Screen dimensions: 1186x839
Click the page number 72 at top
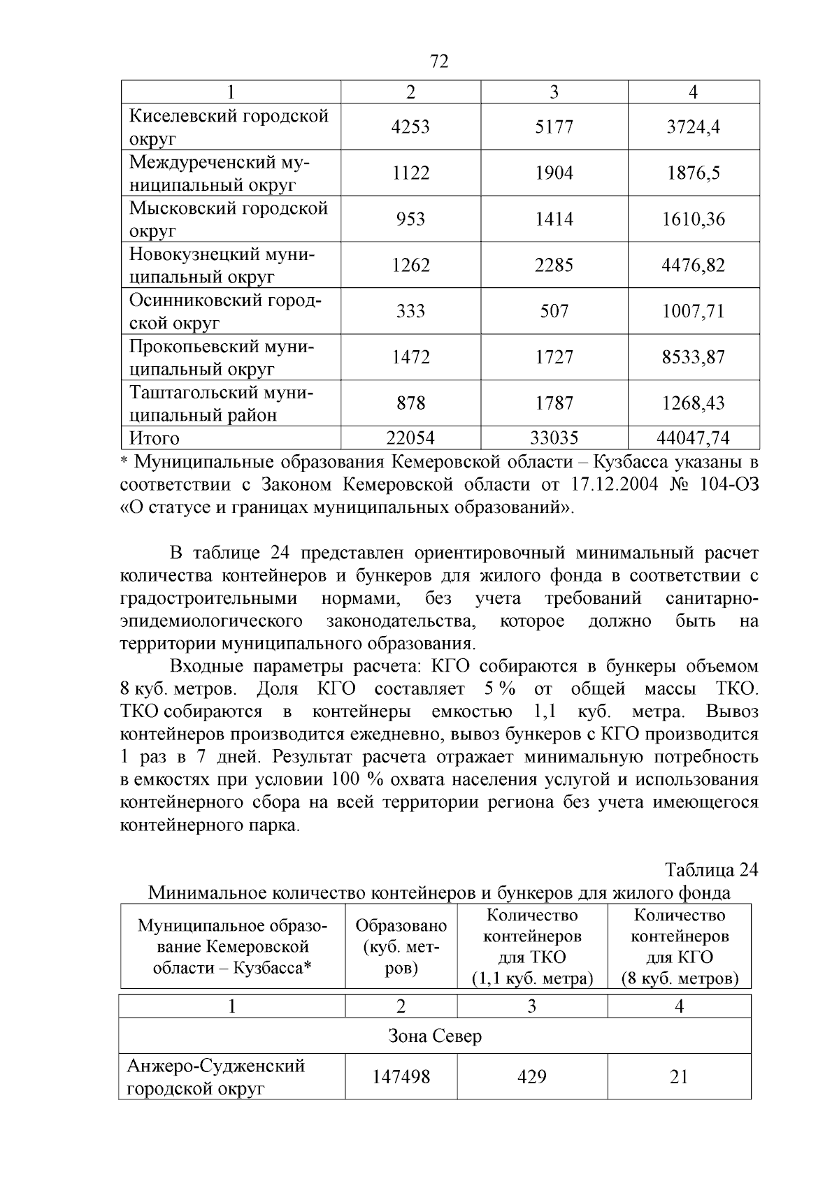point(438,62)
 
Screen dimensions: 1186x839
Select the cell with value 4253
point(410,127)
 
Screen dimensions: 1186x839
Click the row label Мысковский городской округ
point(229,219)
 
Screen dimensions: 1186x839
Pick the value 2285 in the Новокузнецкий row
point(554,266)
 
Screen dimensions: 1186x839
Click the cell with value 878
point(410,403)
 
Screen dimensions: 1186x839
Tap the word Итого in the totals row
point(155,438)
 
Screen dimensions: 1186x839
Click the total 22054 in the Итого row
point(410,438)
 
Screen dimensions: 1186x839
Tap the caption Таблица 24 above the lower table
point(711,870)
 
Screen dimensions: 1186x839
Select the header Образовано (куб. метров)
point(401,946)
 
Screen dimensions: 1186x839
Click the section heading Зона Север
point(435,1036)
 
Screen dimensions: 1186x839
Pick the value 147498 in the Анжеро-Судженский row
point(401,1077)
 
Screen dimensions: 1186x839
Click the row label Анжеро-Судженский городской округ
point(216,1077)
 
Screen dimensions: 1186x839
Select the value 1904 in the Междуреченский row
point(554,173)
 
